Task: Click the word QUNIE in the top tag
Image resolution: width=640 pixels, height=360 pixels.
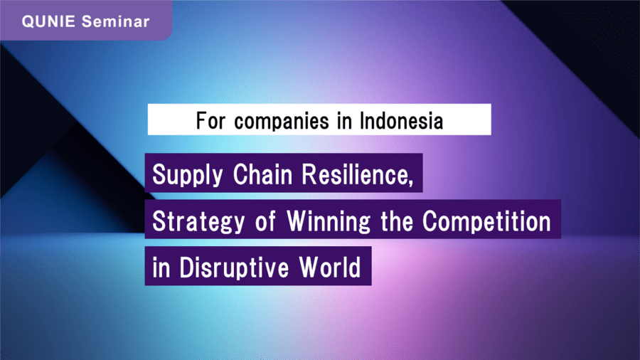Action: coord(48,21)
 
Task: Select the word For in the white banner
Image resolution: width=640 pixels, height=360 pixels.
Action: coord(210,121)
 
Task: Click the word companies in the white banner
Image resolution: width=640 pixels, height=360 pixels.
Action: coord(282,122)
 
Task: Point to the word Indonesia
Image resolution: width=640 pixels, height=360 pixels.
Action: coord(401,121)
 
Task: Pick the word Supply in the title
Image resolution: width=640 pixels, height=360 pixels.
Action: coord(188,176)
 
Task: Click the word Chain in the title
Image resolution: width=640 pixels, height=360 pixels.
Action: coord(263,174)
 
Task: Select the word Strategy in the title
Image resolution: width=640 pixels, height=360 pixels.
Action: coord(198,222)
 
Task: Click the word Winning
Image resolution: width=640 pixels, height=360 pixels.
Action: coord(329,221)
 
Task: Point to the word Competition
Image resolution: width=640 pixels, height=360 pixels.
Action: coord(486,222)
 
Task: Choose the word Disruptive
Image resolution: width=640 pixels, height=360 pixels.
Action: coord(234,268)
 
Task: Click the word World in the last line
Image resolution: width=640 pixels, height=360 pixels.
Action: coord(330,268)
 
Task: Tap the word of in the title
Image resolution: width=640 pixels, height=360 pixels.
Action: coord(265,221)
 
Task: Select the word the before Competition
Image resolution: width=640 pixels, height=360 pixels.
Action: coord(397,221)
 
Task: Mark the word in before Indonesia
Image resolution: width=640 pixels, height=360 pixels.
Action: coord(344,121)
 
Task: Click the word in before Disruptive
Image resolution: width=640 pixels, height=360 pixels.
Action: coord(161,268)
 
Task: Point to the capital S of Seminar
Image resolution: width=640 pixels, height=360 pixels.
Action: coord(86,21)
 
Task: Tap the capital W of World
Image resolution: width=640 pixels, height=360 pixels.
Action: coord(309,268)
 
